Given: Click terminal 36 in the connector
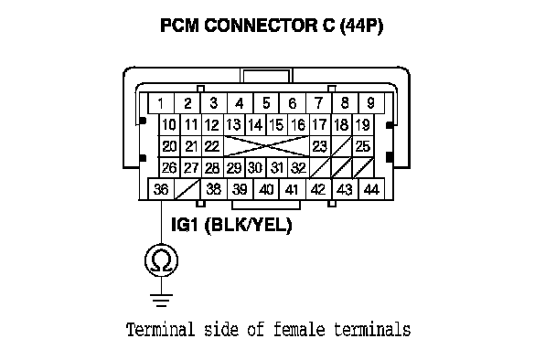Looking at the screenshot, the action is (x=161, y=189).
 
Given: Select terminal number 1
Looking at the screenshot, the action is (x=161, y=103).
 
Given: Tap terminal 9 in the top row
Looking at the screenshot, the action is (x=371, y=103).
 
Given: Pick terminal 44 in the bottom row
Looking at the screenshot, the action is (x=371, y=189).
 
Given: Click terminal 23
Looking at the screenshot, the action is (x=320, y=146).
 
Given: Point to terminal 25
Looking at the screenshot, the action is (x=363, y=146).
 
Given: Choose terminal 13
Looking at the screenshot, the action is (x=234, y=125).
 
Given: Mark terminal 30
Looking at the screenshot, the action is (x=255, y=167).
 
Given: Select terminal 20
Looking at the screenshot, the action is (x=169, y=146).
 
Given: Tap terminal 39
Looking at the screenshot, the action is (x=240, y=189).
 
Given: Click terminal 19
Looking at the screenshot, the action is (x=363, y=125).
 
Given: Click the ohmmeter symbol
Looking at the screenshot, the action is (x=161, y=260).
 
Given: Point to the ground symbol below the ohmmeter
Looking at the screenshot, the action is (x=161, y=300).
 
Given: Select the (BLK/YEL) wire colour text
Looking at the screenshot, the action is (x=249, y=225).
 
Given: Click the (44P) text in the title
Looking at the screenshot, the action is (x=361, y=26).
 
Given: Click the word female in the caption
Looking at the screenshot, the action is (x=299, y=330).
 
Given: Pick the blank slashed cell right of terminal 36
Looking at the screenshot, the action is (x=187, y=189).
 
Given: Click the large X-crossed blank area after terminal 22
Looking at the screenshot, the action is (x=266, y=146).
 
